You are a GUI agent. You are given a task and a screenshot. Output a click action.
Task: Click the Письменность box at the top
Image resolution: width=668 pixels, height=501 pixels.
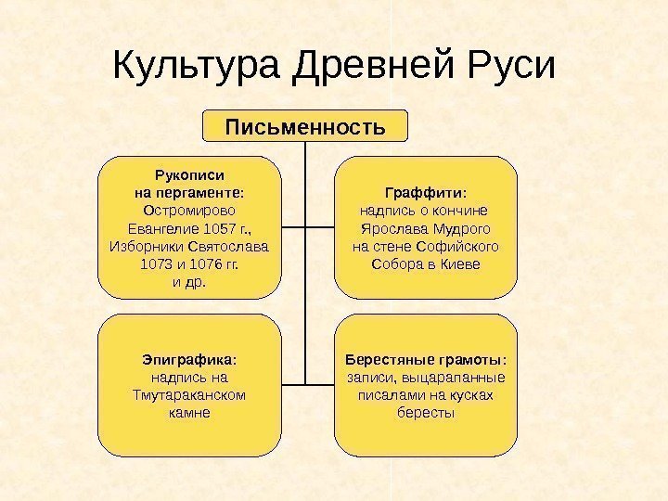point(305,125)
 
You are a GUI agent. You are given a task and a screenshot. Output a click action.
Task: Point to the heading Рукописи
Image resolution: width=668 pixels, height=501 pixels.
point(190,173)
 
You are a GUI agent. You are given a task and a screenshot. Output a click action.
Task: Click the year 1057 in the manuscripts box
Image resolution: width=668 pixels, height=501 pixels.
point(220,228)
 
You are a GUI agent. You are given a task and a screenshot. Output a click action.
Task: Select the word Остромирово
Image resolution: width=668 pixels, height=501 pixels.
point(190,210)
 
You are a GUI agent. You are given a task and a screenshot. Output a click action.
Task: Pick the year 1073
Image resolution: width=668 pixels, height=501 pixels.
point(156,264)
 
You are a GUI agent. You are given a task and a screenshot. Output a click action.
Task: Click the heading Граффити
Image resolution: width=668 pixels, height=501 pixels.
point(424,192)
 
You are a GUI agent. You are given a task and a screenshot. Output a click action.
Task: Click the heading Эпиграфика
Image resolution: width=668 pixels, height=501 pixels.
point(188,359)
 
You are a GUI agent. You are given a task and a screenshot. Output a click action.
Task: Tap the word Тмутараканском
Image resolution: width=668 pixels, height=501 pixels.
point(190,394)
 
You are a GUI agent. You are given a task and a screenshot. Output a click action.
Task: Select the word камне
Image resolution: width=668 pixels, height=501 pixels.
point(190,412)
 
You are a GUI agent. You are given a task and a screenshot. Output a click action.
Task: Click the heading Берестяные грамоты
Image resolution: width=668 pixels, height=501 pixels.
point(425,359)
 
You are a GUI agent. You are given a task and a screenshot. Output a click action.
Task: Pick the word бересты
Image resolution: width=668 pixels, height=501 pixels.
point(426,412)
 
